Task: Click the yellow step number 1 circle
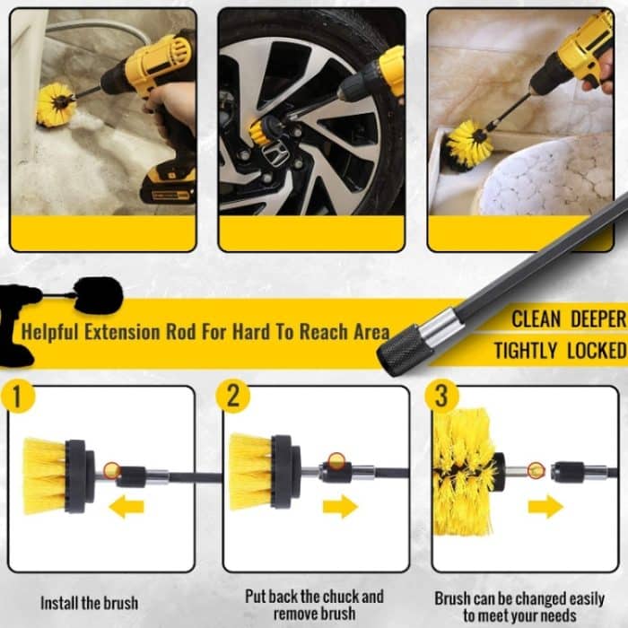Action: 18,397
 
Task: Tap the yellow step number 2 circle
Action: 233,397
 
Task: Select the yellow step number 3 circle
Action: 441,397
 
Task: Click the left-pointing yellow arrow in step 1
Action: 126,507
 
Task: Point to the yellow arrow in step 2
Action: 340,507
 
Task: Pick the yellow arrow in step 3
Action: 545,507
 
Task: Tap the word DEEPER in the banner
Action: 598,319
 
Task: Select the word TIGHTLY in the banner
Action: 525,351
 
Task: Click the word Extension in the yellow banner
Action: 123,332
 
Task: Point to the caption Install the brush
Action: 90,603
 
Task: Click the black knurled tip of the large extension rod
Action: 404,350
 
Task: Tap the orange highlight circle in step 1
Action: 112,470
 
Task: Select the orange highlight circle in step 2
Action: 336,461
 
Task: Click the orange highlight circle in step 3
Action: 536,470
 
